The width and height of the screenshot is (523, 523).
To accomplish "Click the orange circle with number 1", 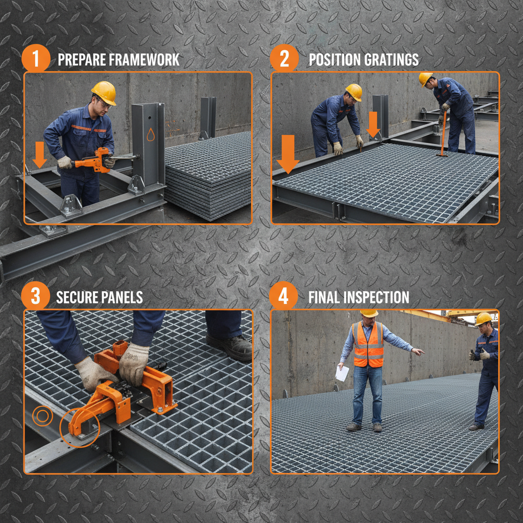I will click(36, 59).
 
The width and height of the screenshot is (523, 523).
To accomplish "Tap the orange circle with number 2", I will click(284, 59).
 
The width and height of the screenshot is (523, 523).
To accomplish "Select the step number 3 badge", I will click(36, 297).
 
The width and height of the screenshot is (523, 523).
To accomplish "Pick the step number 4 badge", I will click(284, 297).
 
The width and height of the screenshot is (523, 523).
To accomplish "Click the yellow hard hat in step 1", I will click(104, 92).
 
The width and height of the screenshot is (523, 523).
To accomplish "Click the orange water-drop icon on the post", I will click(151, 135).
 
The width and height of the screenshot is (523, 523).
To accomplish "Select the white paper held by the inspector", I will click(342, 373).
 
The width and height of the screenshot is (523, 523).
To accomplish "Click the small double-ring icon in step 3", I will click(42, 416).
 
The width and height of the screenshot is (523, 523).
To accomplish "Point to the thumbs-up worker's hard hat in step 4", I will click(483, 318).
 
